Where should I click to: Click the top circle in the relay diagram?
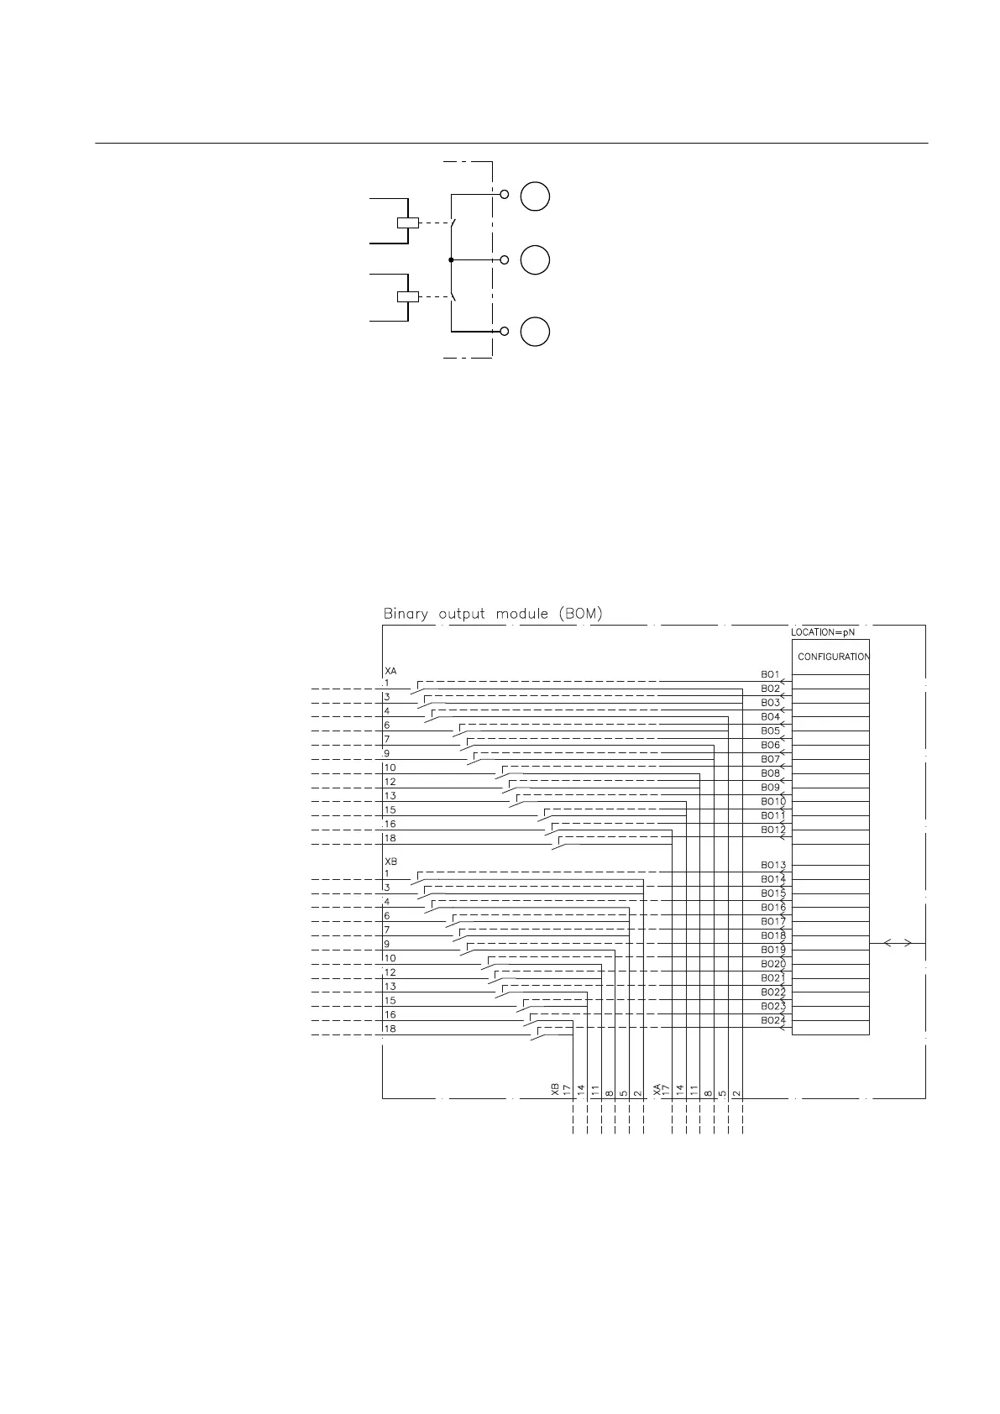[535, 196]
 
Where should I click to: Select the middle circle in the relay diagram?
[535, 260]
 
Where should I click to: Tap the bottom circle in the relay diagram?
[535, 331]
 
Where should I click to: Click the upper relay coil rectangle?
[407, 223]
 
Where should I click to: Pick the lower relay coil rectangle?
[407, 296]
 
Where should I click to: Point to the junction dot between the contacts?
[451, 260]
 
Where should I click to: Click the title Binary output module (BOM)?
[493, 614]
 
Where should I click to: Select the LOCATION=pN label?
[823, 631]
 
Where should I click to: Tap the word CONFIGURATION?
[833, 657]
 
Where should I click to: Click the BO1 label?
[771, 674]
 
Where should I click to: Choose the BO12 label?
[773, 830]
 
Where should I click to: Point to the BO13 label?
[773, 865]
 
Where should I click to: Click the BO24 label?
[773, 1020]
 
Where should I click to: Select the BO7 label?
[771, 759]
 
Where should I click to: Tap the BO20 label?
[773, 964]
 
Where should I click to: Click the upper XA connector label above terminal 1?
[390, 672]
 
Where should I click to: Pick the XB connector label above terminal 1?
[390, 862]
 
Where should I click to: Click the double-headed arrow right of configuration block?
[898, 943]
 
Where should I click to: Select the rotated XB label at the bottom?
[554, 1090]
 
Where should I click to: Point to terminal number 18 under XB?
[390, 1029]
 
